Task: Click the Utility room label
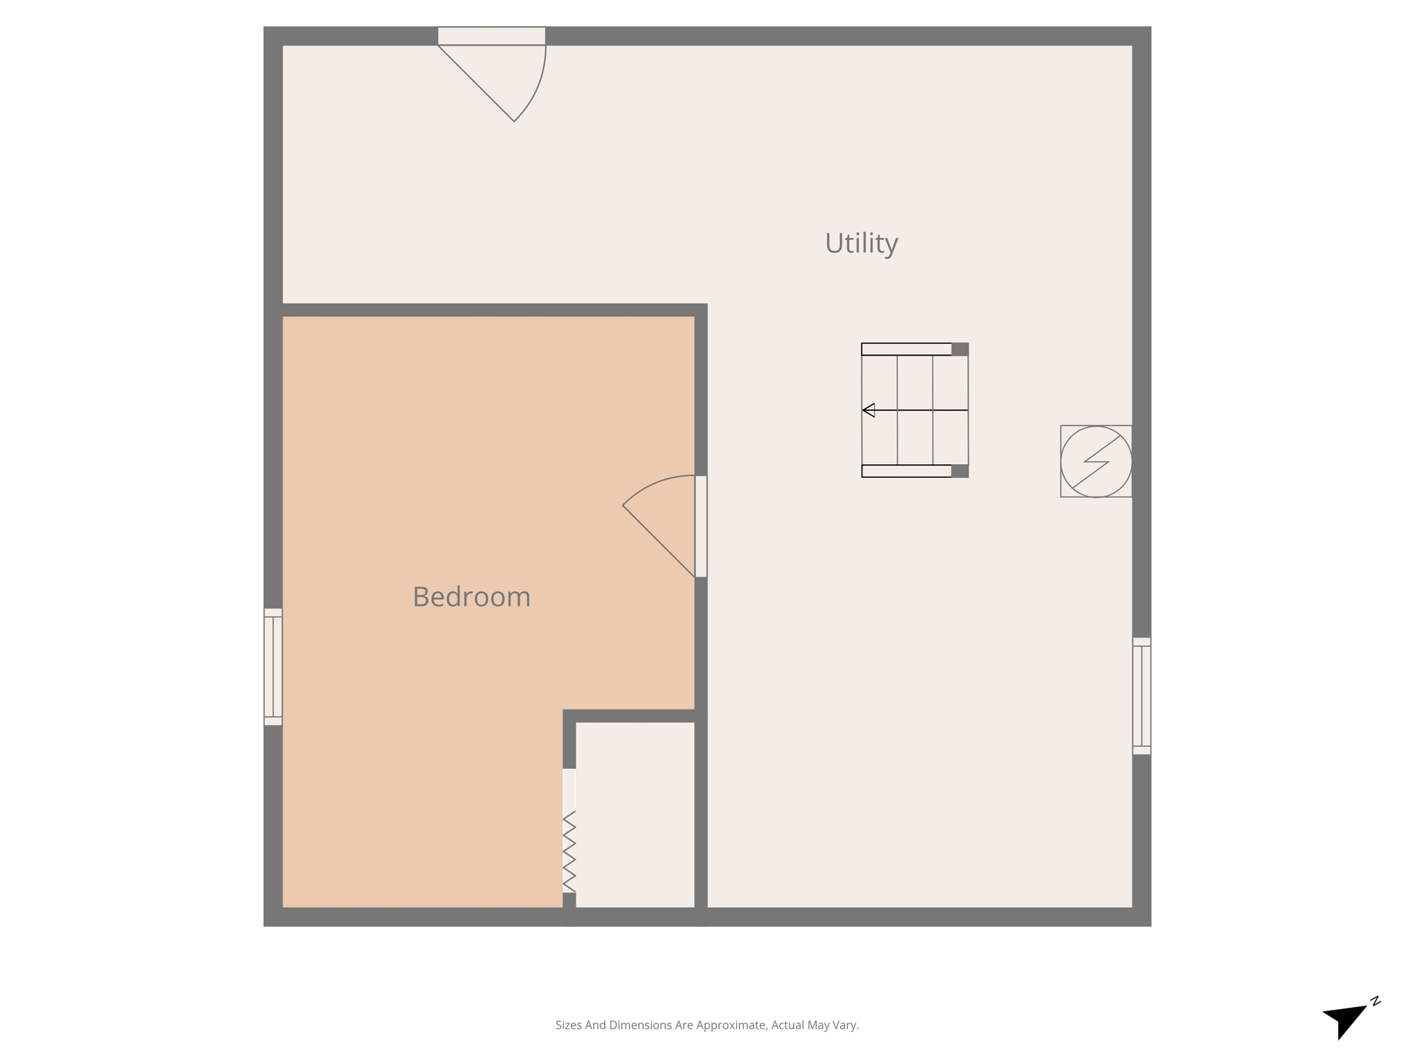coord(861,243)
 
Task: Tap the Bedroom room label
coord(471,597)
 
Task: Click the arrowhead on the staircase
coord(869,410)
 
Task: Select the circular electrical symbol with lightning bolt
coord(1096,461)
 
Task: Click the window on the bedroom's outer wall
coord(273,667)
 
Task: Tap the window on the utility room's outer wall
coord(1141,696)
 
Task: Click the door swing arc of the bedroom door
coord(653,484)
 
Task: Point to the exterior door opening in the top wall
coord(491,36)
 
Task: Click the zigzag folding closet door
coord(569,851)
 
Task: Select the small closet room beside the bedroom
coord(635,815)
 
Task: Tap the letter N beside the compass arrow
coord(1375,1001)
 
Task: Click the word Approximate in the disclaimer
coord(732,1025)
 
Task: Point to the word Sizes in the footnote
coord(569,1025)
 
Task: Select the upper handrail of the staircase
coord(906,350)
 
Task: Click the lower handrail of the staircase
coord(906,471)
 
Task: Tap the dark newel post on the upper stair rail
coord(960,350)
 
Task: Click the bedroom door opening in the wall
coord(701,526)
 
